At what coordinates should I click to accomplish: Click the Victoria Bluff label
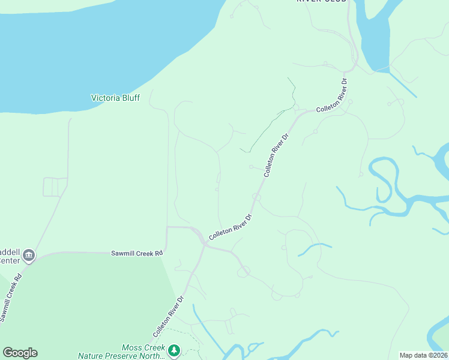pos(115,98)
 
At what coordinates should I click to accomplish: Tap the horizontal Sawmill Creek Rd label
pos(137,254)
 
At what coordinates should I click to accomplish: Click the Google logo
pos(20,353)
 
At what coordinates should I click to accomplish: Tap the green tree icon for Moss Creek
pos(174,349)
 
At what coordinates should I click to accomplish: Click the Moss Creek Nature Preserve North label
pos(122,352)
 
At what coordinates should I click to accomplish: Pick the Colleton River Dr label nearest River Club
pos(332,96)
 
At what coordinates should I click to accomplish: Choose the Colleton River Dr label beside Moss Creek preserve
pos(168,316)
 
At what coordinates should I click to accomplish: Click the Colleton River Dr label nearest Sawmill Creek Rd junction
pos(230,227)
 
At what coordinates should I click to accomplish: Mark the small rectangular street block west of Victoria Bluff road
pos(55,187)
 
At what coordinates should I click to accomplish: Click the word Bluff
pos(129,98)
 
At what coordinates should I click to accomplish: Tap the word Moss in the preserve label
pos(131,347)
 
